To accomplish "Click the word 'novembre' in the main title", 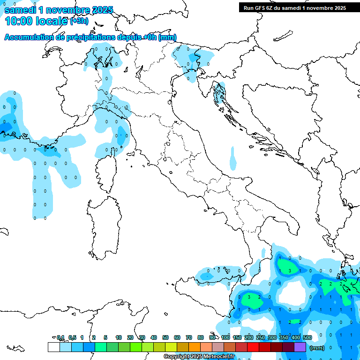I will (68, 10).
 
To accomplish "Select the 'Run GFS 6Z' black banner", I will (294, 7).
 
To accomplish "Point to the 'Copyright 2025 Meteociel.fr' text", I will (199, 357).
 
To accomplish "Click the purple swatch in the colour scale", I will (300, 347).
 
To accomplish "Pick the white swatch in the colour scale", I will (53, 347).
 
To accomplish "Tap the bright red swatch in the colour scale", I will (253, 347).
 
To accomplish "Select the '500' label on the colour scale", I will (307, 337).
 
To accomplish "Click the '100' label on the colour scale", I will (225, 337).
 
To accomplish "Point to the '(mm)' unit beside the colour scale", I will (317, 348).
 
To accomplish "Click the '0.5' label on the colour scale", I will (72, 337).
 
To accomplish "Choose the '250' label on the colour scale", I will (260, 337).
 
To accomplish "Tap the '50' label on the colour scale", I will (165, 337).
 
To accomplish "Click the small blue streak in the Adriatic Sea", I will (233, 157).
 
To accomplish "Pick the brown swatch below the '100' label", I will (230, 347).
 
